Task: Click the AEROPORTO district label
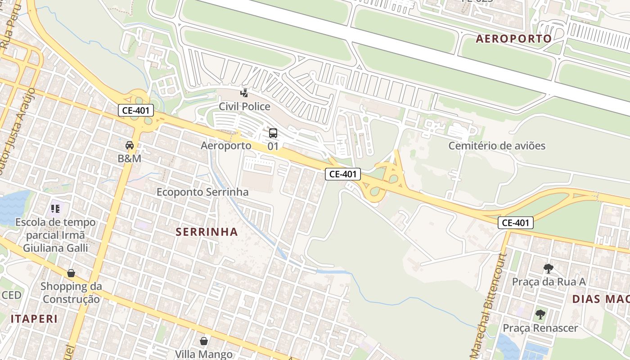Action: (x=513, y=39)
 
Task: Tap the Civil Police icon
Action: (x=244, y=93)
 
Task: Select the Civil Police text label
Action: (x=244, y=107)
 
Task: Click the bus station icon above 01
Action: (x=273, y=133)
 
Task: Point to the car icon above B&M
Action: (x=130, y=145)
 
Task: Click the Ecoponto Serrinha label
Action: (x=202, y=192)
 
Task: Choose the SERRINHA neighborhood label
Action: (x=207, y=232)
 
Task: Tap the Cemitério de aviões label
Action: (x=497, y=146)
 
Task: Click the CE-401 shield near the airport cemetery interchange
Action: (x=343, y=174)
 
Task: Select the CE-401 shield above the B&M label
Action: (x=136, y=110)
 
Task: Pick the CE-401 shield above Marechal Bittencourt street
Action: (x=516, y=222)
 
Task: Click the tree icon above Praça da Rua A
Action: (x=548, y=269)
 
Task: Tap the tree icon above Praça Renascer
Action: (x=540, y=315)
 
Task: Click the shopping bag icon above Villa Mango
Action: (x=204, y=341)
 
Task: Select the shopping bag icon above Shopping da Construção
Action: (x=71, y=273)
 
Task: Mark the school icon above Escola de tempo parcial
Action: (x=55, y=209)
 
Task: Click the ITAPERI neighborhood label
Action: (x=34, y=319)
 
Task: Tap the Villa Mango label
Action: (x=204, y=354)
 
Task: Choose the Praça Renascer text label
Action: (x=540, y=328)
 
